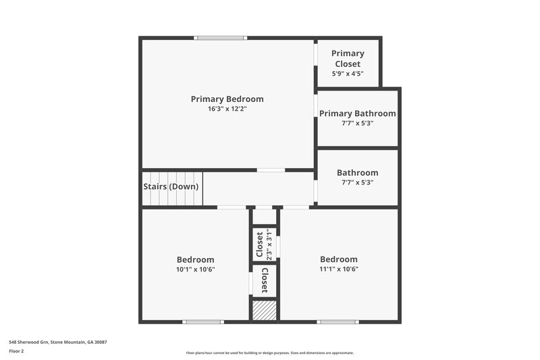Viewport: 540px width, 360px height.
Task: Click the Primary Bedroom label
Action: [227, 99]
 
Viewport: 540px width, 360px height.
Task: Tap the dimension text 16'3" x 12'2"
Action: [227, 109]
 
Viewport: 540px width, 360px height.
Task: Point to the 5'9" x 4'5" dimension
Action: [348, 74]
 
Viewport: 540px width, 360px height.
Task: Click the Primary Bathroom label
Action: [357, 113]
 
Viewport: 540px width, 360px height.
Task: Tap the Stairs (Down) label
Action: [171, 186]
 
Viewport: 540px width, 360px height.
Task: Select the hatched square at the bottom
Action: [264, 311]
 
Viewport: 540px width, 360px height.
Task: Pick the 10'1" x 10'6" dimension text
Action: [195, 269]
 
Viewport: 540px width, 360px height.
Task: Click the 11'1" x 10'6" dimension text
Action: [338, 269]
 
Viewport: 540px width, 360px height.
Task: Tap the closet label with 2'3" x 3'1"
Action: [259, 245]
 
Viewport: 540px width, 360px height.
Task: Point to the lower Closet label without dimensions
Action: [265, 280]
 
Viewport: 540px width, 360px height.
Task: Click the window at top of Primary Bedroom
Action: [220, 38]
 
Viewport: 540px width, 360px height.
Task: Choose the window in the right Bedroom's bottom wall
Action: [337, 322]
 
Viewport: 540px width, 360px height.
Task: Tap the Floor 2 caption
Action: [17, 351]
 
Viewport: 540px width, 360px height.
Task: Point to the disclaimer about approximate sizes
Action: [269, 353]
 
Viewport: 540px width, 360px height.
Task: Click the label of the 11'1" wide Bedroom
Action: [338, 259]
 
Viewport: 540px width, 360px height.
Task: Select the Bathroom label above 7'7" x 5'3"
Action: [357, 173]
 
